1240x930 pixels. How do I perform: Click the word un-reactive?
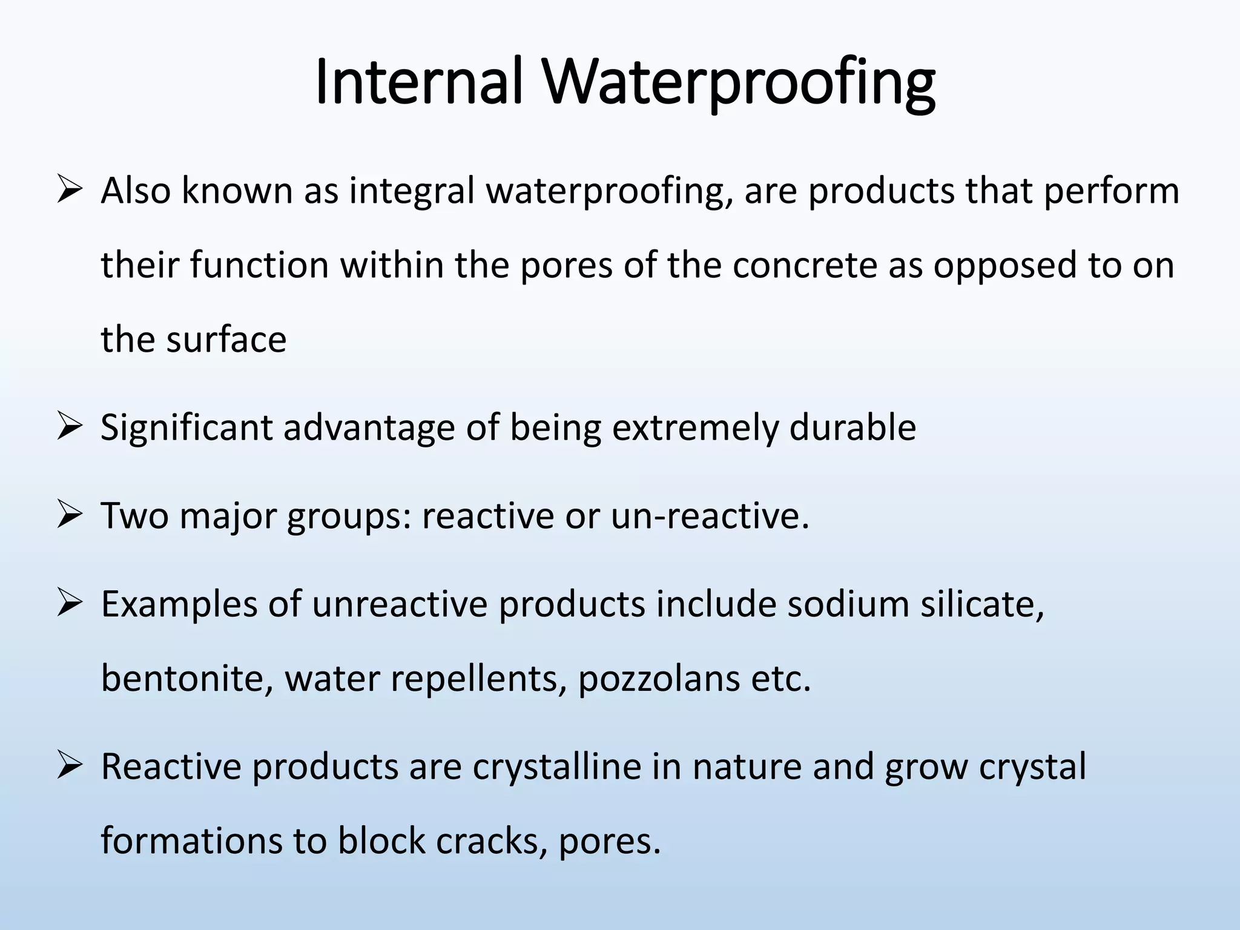coord(710,516)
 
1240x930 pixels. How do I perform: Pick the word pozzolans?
coord(659,678)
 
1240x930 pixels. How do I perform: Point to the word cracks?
coord(491,841)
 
